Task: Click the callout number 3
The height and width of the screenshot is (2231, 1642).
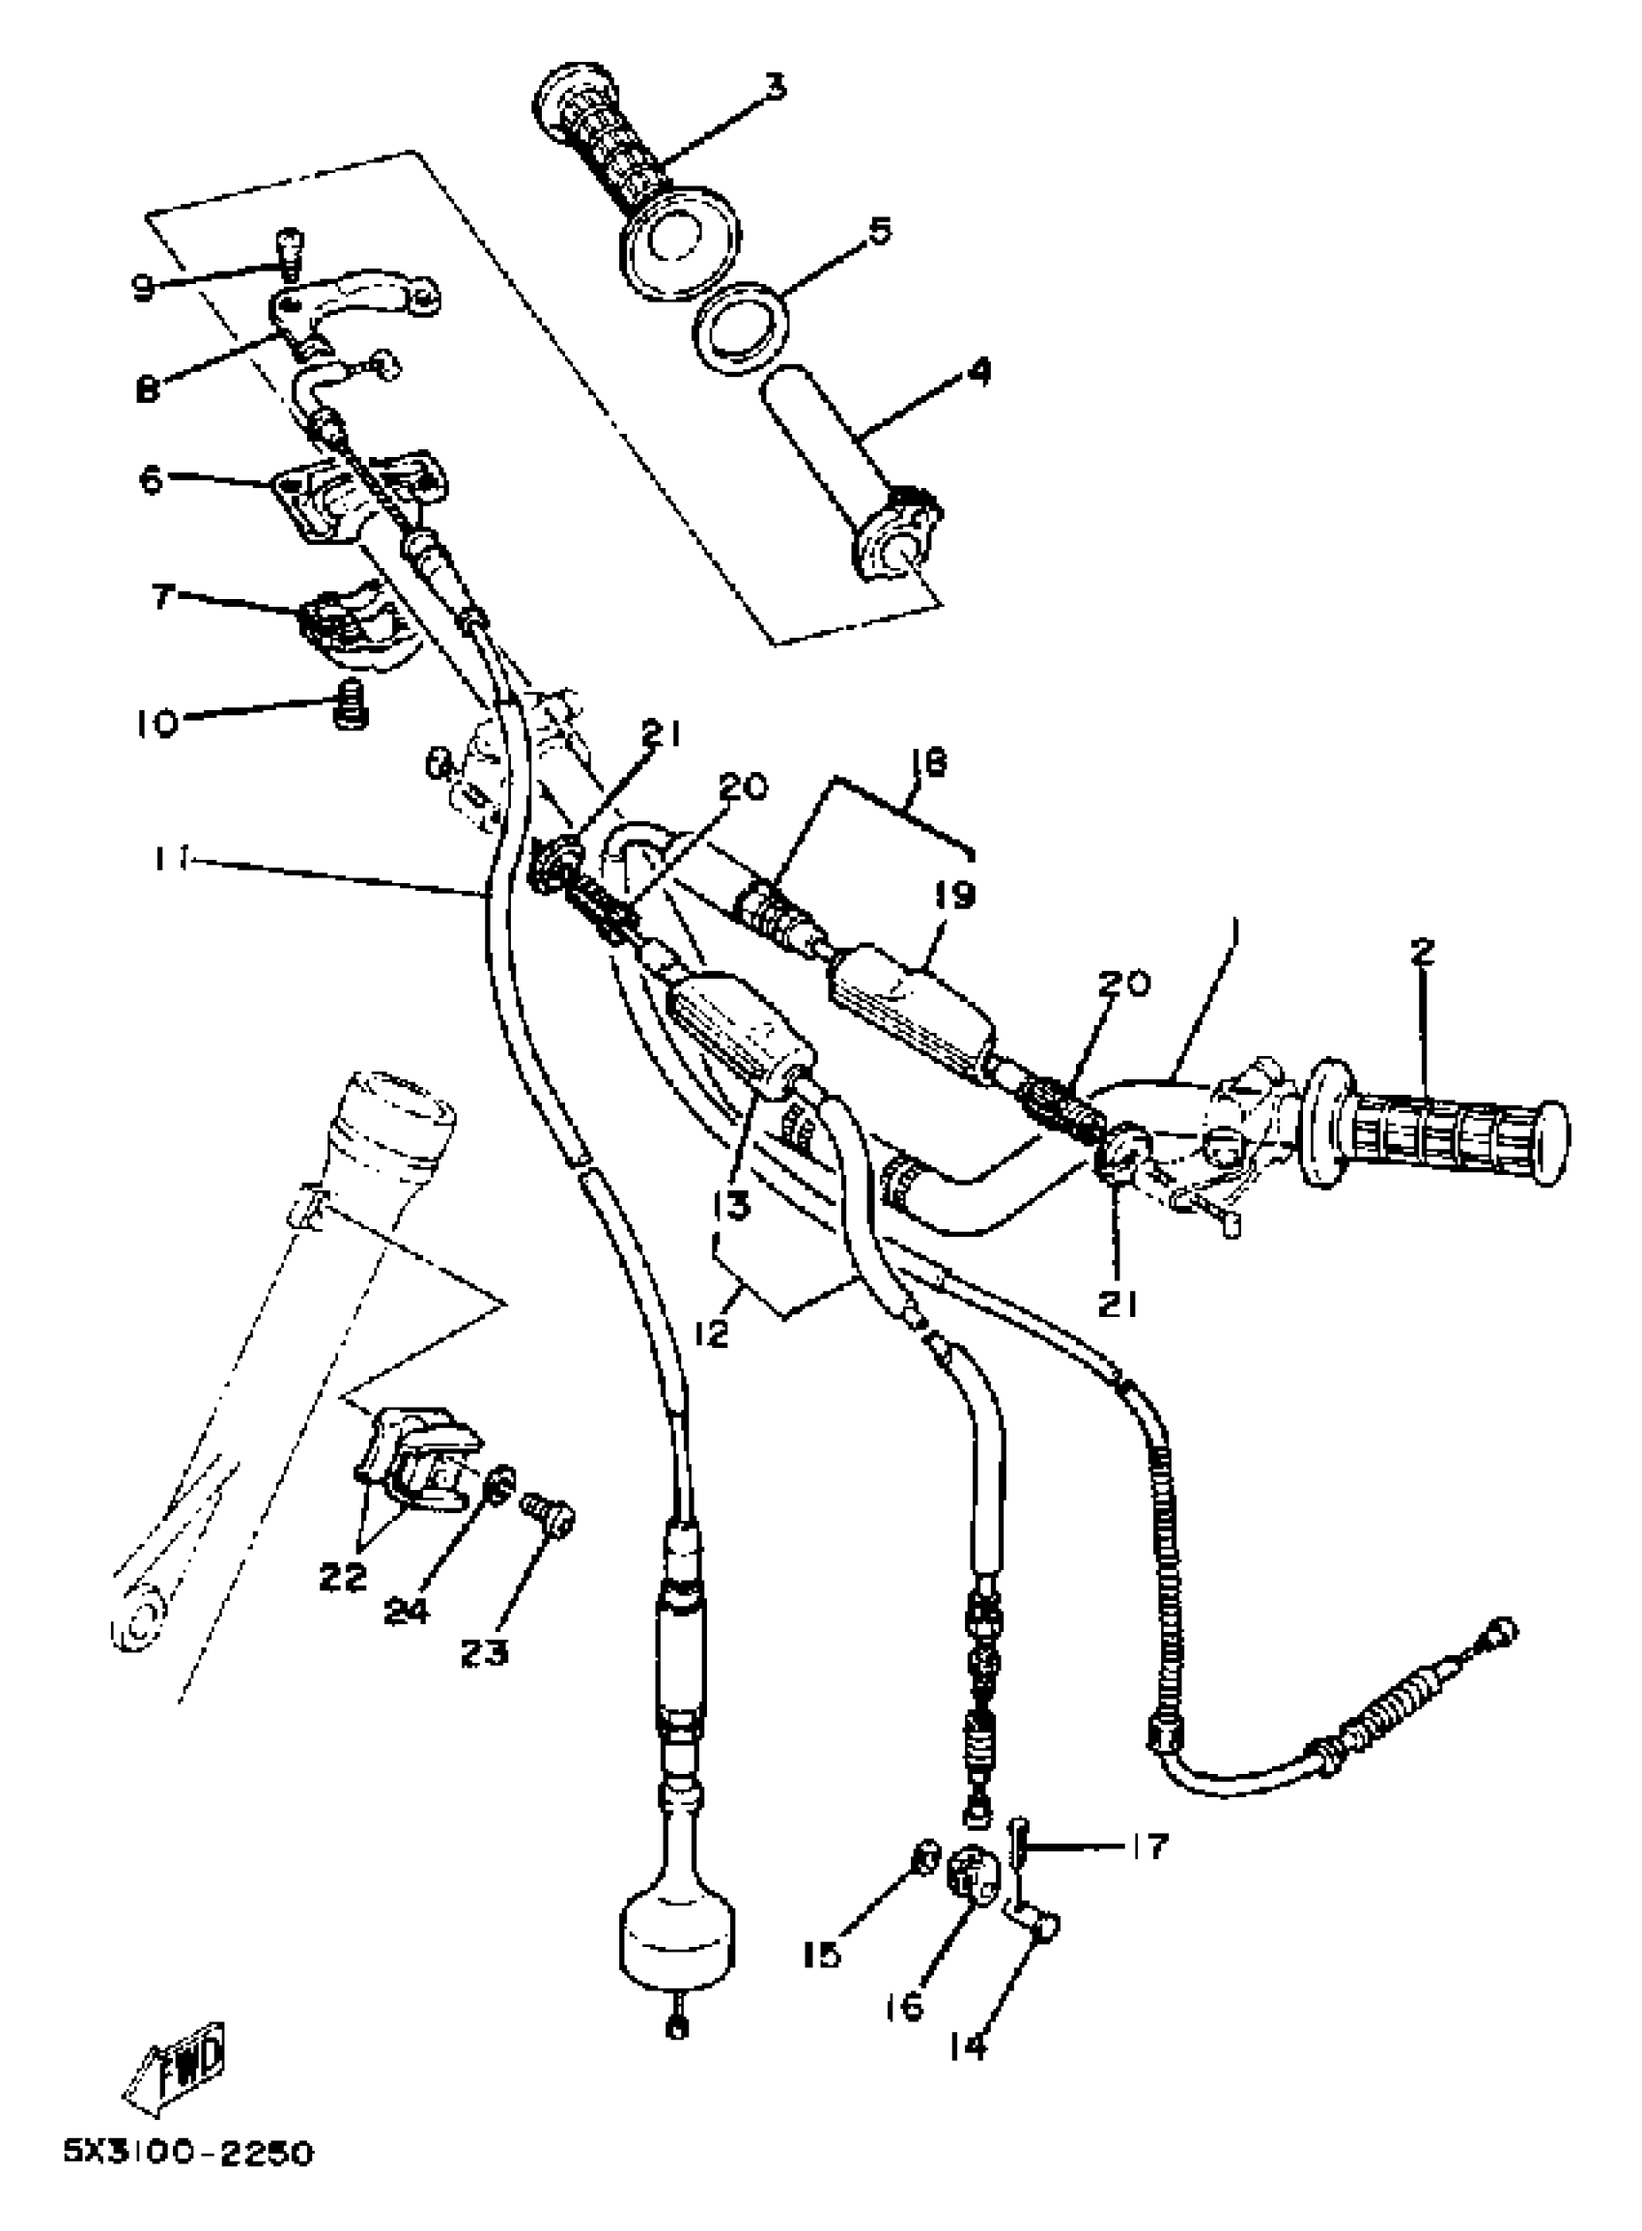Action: pyautogui.click(x=774, y=88)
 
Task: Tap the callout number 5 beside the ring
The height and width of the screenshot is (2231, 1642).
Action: pyautogui.click(x=879, y=231)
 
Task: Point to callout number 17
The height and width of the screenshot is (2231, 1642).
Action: pyautogui.click(x=1148, y=1847)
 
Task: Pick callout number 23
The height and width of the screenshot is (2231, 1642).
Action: pyautogui.click(x=485, y=1651)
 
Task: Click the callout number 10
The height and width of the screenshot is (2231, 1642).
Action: pyautogui.click(x=157, y=723)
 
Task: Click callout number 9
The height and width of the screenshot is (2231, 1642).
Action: pyautogui.click(x=144, y=287)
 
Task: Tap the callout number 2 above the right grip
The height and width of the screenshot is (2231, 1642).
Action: pyautogui.click(x=1423, y=952)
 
